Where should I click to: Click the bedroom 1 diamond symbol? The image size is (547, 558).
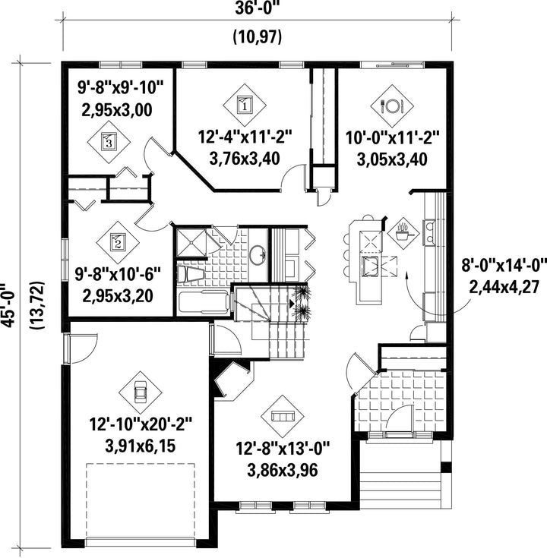click(245, 105)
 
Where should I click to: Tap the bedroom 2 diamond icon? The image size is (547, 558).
click(118, 242)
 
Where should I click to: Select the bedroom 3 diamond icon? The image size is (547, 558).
click(109, 142)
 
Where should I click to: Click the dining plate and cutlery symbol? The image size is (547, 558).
click(392, 106)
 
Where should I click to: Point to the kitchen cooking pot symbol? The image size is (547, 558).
click(403, 233)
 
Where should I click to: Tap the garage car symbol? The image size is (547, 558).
click(140, 393)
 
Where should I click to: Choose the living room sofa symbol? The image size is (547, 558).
click(283, 416)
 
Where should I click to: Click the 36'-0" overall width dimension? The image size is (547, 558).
click(258, 8)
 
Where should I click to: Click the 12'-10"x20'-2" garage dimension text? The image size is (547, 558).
click(141, 424)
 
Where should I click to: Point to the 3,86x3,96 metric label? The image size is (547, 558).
click(283, 470)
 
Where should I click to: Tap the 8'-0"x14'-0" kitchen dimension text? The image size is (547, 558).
click(504, 266)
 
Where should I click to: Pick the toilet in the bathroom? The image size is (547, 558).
click(191, 275)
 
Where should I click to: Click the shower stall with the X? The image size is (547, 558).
click(191, 242)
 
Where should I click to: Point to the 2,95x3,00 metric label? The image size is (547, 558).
click(117, 109)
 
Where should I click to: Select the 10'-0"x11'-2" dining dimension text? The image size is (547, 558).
click(393, 137)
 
